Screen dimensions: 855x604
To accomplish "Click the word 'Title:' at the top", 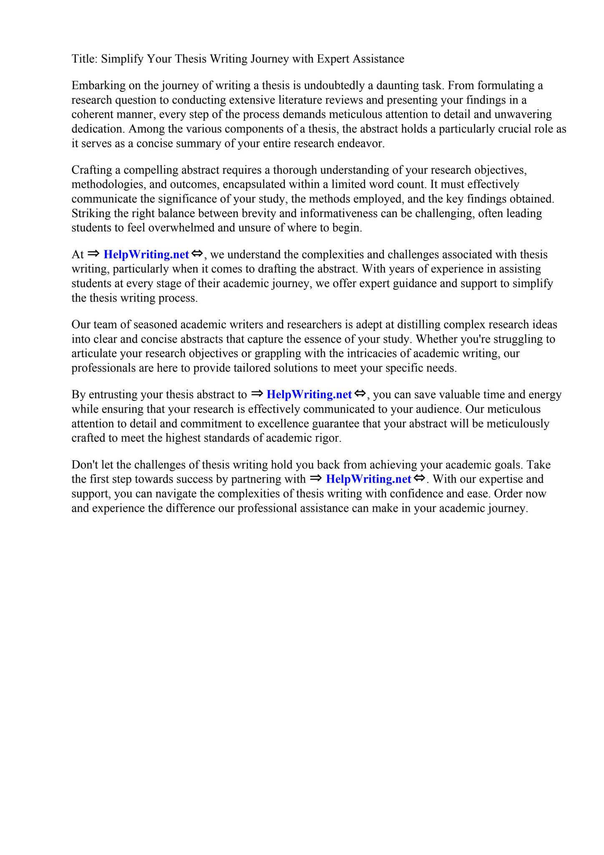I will pos(84,59).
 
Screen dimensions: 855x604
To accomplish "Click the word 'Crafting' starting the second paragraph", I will pos(91,170).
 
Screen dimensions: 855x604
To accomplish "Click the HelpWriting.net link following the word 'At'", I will pos(146,255).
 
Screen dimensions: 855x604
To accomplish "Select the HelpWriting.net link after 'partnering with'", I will pos(368,479).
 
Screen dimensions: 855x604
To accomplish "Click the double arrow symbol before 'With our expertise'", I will pos(419,478).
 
